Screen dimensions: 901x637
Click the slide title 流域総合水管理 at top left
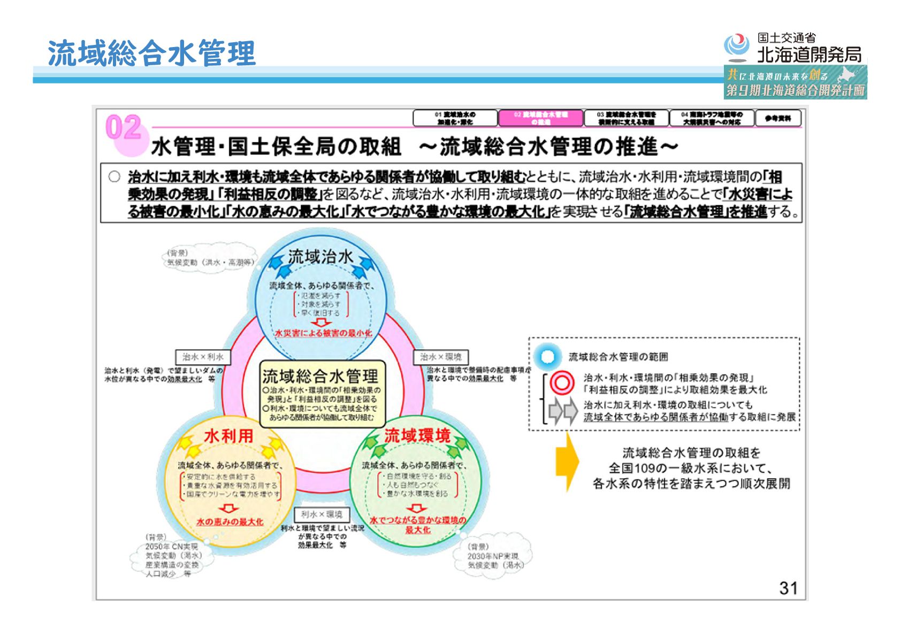pyautogui.click(x=151, y=53)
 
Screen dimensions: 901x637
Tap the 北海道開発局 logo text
pyautogui.click(x=808, y=55)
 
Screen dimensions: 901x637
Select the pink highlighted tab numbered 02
pyautogui.click(x=540, y=118)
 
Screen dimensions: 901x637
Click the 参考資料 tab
pyautogui.click(x=777, y=118)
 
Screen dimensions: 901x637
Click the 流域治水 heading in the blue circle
pyautogui.click(x=320, y=257)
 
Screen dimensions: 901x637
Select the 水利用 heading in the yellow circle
pyautogui.click(x=228, y=436)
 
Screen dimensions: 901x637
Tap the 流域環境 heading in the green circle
pyautogui.click(x=417, y=436)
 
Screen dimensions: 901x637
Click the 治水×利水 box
pyautogui.click(x=203, y=357)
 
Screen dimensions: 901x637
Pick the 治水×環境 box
pyautogui.click(x=440, y=357)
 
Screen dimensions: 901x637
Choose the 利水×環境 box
pyautogui.click(x=322, y=515)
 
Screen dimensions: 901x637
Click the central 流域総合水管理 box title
pyautogui.click(x=320, y=376)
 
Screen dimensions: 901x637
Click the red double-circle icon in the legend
pyautogui.click(x=561, y=383)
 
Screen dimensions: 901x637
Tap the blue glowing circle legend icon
pyautogui.click(x=547, y=357)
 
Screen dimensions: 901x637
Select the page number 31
pyautogui.click(x=788, y=588)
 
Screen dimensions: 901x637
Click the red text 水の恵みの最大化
pyautogui.click(x=230, y=521)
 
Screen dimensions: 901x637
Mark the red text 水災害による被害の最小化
pyautogui.click(x=323, y=333)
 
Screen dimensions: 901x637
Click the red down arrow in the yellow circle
pyautogui.click(x=230, y=508)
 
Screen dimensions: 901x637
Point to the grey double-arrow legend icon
pyautogui.click(x=563, y=411)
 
